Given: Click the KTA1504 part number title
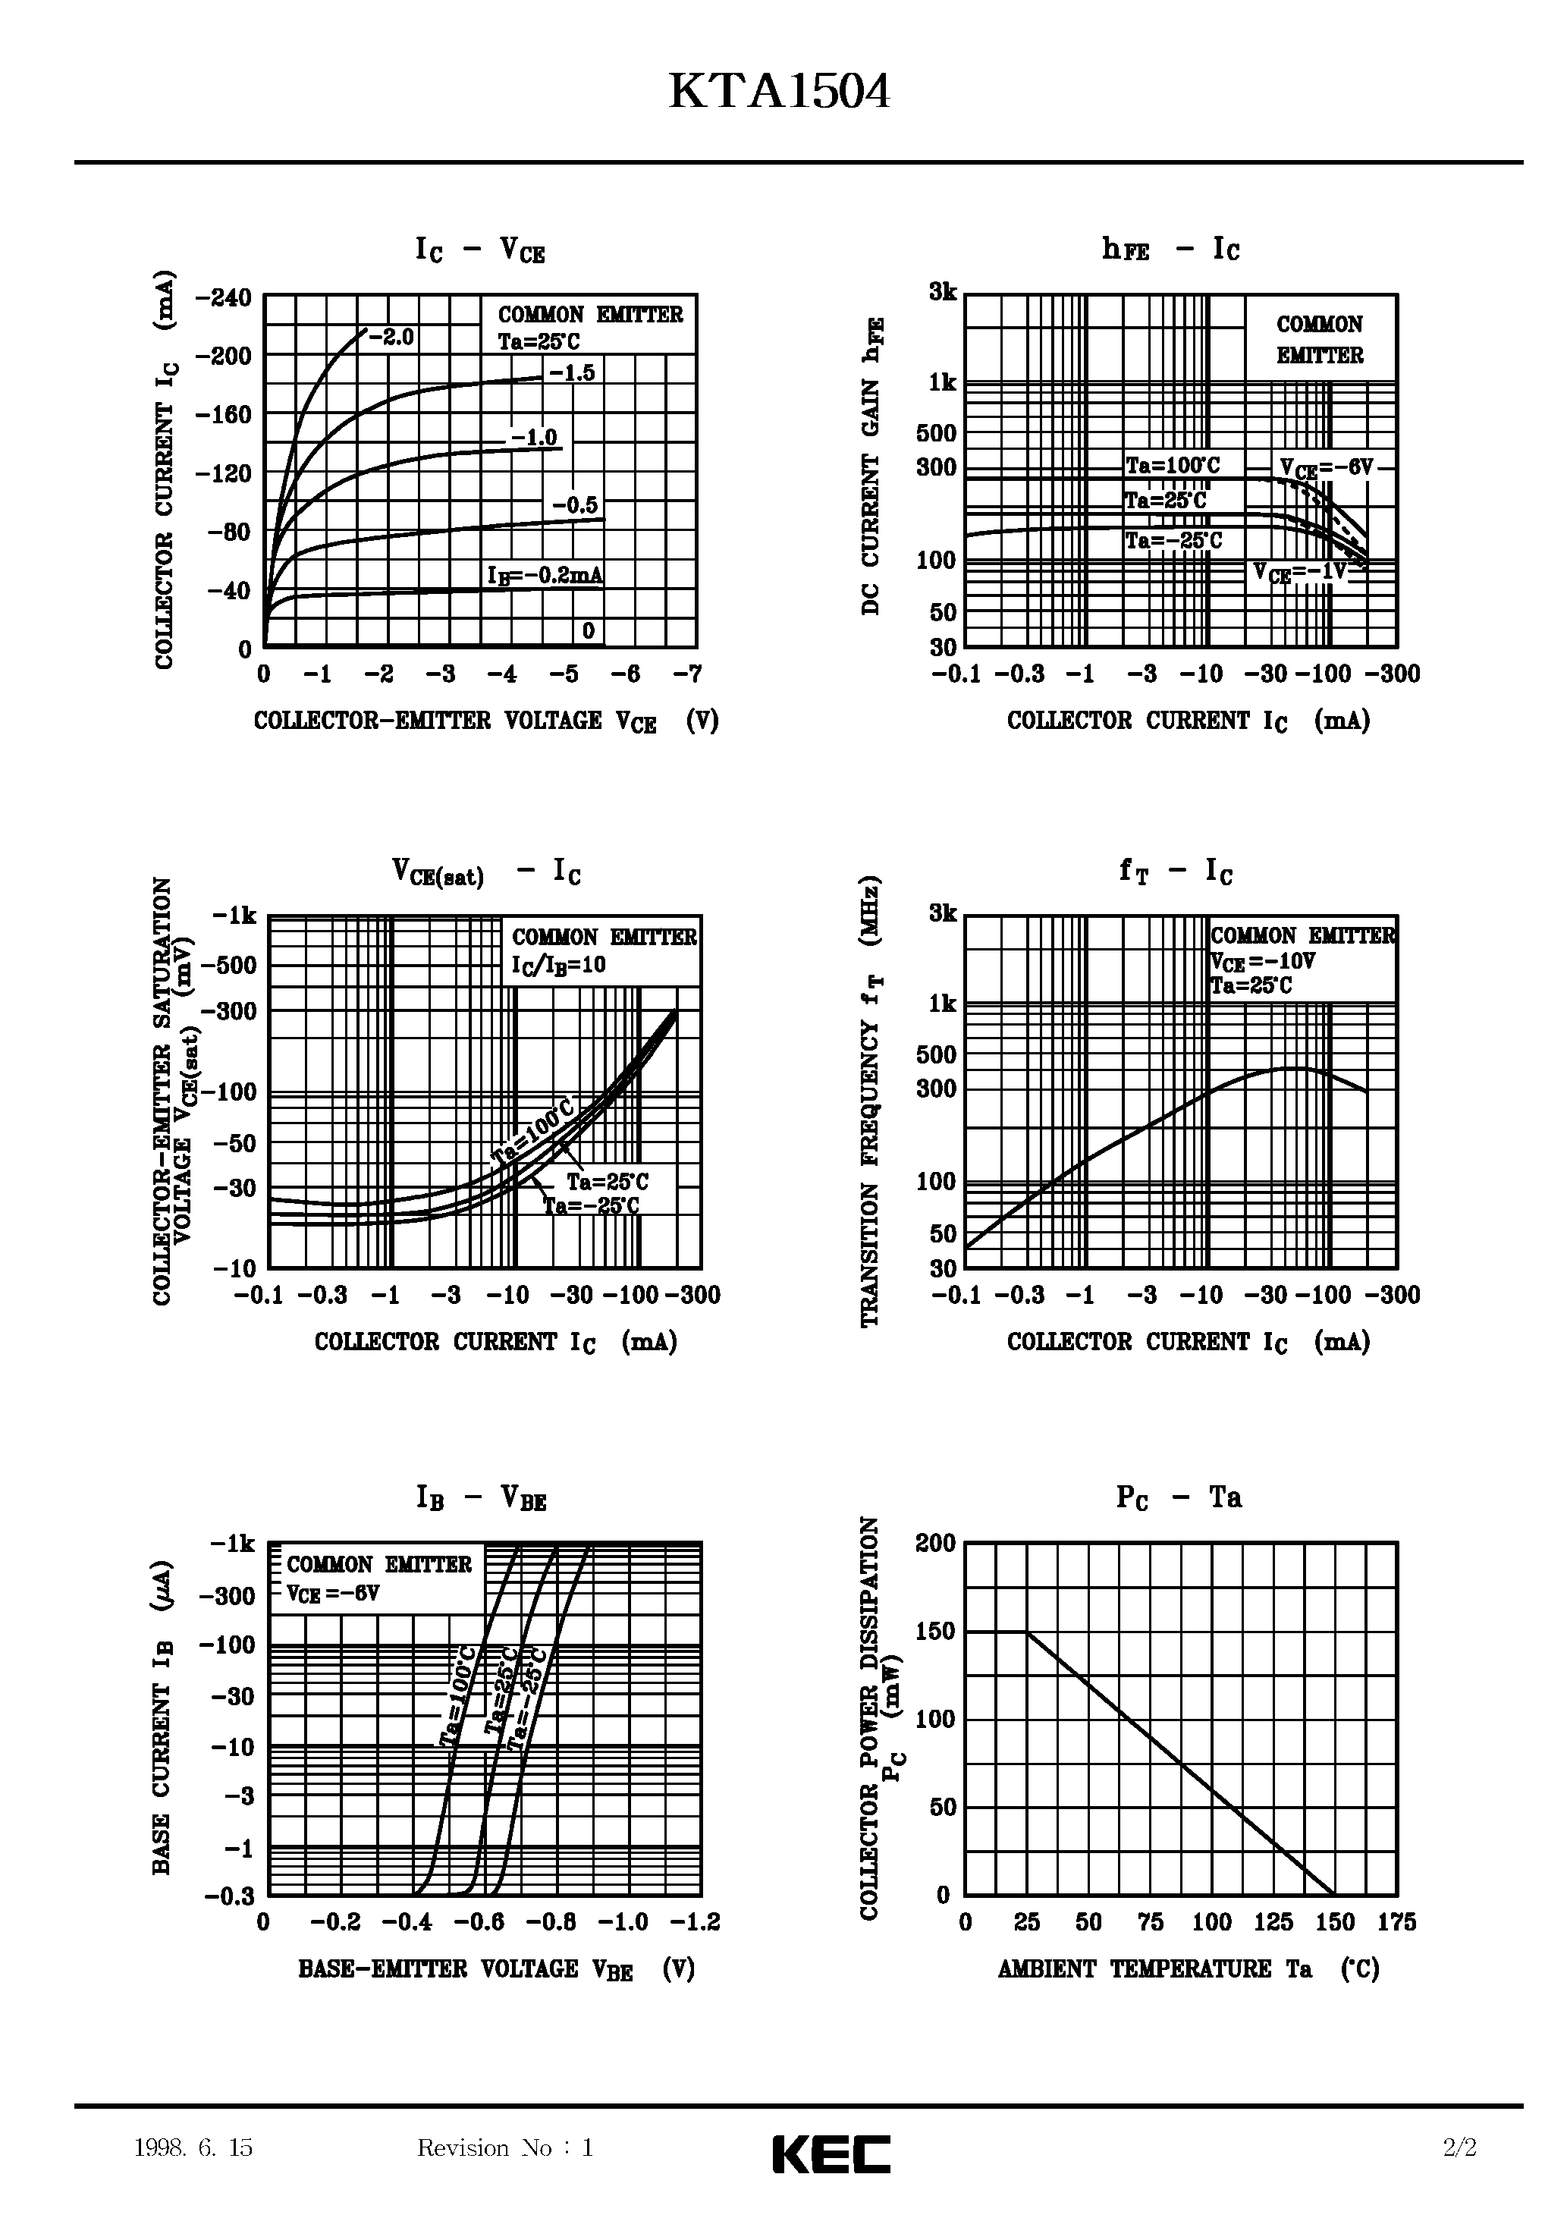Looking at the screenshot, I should coord(779,94).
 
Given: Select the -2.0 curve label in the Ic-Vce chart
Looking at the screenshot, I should coord(391,337).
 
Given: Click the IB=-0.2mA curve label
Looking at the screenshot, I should coord(545,576).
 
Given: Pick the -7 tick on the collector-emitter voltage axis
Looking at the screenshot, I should coord(687,674).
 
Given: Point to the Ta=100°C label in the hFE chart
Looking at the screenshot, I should coord(1173,466).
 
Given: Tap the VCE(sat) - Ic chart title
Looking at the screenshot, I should coord(486,872).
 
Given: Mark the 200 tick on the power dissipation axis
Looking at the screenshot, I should coord(935,1543).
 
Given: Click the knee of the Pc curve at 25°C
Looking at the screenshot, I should coord(1027,1632).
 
